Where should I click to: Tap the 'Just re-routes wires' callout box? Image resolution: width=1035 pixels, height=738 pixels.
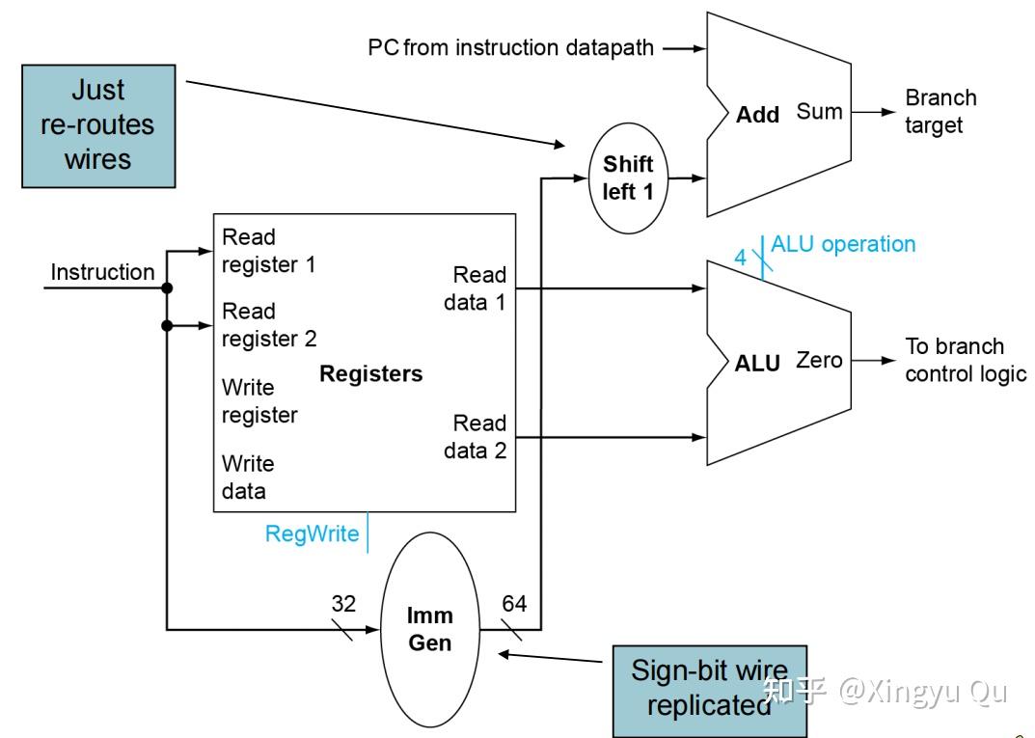point(98,126)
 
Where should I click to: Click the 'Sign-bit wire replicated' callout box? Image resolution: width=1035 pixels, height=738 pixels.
point(710,691)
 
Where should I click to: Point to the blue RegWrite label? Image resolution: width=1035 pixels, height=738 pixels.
point(312,533)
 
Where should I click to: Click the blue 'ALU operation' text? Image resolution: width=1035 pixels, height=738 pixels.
point(843,244)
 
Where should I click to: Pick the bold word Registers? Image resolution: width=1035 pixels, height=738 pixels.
point(371,373)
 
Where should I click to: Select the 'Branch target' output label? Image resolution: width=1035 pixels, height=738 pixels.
point(940,111)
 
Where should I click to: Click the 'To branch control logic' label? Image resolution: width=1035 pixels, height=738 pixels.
point(966,360)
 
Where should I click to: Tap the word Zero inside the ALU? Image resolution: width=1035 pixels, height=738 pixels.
point(819,361)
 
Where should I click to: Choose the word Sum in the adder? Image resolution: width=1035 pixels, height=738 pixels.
point(819,112)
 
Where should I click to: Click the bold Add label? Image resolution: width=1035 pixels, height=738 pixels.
point(758,114)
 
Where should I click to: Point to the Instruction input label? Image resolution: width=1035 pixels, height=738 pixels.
point(102,272)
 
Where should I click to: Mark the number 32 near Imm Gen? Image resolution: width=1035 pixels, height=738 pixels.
point(343,603)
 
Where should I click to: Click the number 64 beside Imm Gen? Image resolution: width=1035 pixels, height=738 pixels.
point(514,603)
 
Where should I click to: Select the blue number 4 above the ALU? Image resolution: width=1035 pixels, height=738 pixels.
point(741,257)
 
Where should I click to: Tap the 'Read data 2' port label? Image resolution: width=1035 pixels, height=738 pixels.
point(476,436)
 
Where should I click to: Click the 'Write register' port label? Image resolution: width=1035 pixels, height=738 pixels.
point(259,400)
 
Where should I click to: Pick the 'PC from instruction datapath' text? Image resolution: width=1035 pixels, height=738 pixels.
point(510,47)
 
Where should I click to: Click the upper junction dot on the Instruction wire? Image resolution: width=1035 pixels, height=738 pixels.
point(167,287)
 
